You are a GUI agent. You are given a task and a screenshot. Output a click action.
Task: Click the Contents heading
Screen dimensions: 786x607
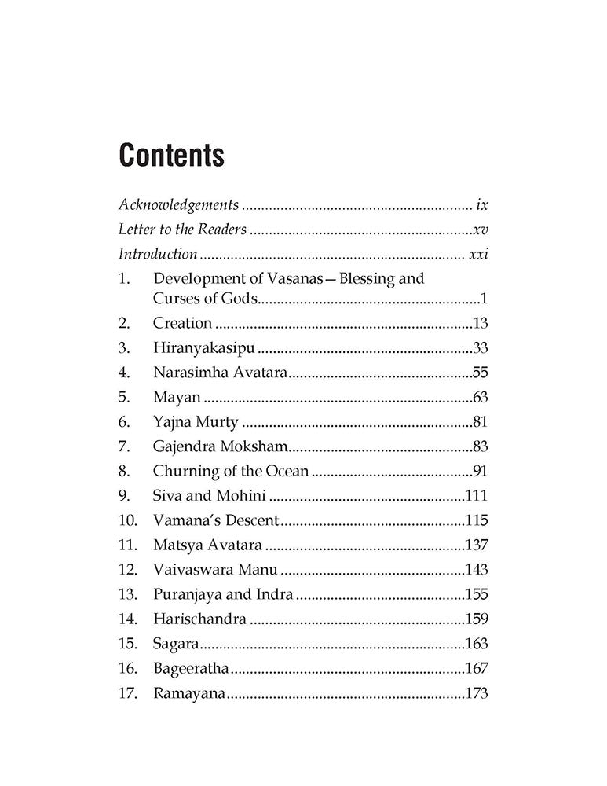pos(170,156)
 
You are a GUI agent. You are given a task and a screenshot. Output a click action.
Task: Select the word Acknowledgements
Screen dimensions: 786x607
pos(178,205)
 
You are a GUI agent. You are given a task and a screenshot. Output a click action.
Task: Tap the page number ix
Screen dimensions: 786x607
pos(482,205)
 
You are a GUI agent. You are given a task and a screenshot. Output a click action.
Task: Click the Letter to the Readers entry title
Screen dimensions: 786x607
pos(182,230)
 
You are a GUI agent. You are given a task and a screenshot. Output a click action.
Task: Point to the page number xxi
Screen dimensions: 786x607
pos(478,254)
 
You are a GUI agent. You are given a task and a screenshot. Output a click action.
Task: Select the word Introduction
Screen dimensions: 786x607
pos(158,254)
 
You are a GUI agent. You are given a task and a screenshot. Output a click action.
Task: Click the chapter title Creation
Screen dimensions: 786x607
pos(182,323)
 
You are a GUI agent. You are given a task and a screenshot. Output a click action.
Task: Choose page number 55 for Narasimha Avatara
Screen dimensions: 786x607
pos(481,373)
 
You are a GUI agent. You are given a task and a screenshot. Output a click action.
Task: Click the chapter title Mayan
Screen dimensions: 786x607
pos(177,397)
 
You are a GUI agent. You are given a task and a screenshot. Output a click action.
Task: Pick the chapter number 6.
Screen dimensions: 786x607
pos(123,422)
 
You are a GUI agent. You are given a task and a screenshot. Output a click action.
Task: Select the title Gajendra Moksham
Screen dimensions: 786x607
pos(221,446)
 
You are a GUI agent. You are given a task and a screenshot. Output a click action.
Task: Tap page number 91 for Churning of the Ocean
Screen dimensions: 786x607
pos(481,472)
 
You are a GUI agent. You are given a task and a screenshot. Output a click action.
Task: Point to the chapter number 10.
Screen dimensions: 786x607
pos(127,520)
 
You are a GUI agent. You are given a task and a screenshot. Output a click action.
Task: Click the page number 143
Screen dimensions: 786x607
pos(477,570)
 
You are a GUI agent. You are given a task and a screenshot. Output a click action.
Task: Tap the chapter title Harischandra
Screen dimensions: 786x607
pos(199,619)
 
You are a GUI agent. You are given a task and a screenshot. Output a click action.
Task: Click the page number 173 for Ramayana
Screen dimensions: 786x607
pos(477,693)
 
